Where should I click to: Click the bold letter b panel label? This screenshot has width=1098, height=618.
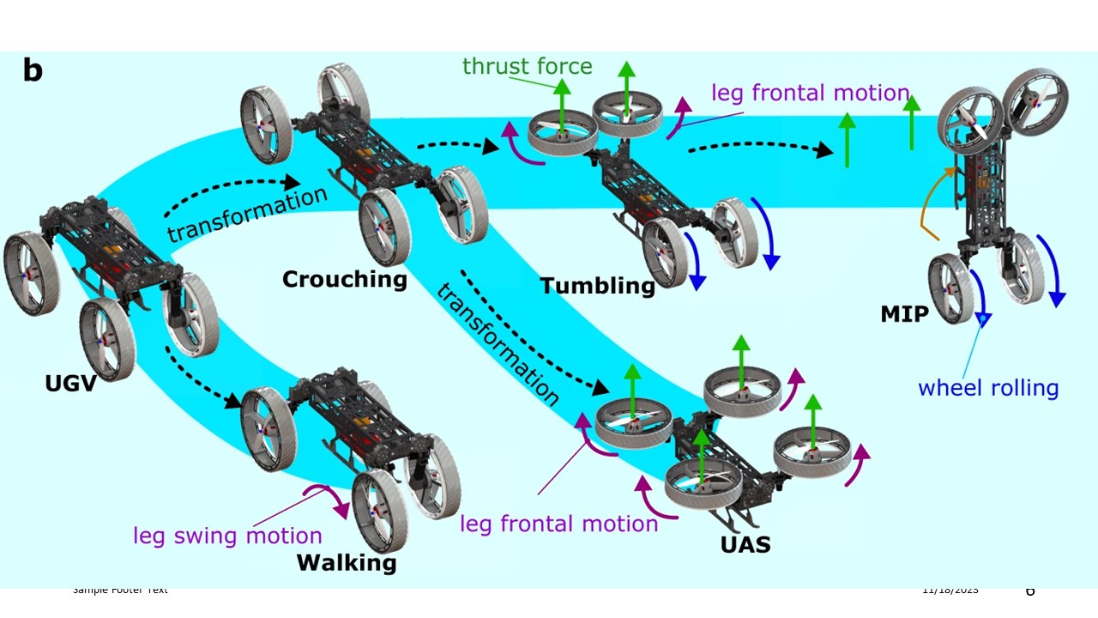[x=33, y=70]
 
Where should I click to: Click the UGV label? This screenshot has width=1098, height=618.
[x=69, y=383]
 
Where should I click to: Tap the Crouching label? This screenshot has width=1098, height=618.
[x=344, y=279]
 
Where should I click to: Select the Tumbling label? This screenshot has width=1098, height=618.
[x=597, y=285]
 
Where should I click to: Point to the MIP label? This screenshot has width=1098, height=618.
[x=904, y=314]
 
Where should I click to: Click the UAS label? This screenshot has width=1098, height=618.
[x=745, y=543]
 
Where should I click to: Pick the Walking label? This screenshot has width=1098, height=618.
[x=347, y=563]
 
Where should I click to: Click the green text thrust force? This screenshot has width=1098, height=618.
[x=527, y=66]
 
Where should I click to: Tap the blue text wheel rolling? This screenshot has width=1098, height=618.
[x=988, y=388]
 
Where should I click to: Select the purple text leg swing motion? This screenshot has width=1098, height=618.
[x=227, y=536]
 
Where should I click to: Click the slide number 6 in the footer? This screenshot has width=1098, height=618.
[x=1030, y=591]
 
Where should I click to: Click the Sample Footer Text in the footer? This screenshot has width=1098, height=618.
[x=120, y=590]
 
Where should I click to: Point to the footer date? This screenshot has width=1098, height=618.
[x=950, y=591]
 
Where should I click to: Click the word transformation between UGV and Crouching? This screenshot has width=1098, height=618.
[x=247, y=214]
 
